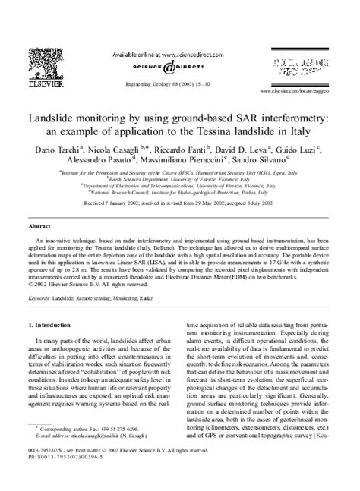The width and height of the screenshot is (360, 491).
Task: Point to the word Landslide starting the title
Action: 55,119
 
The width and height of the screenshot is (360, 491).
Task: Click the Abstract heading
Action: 39,226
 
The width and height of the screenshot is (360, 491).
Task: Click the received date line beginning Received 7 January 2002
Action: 180,203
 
